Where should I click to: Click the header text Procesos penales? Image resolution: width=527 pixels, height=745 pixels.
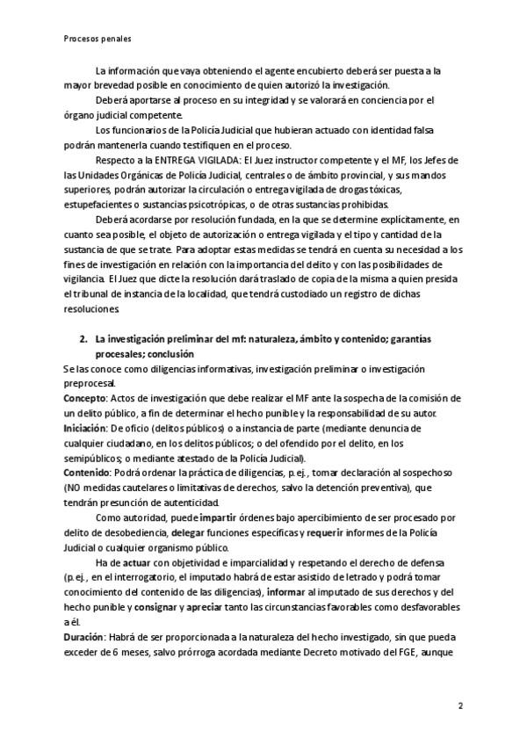[x=97, y=39]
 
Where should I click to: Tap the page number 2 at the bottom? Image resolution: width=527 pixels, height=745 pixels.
[x=460, y=705]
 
